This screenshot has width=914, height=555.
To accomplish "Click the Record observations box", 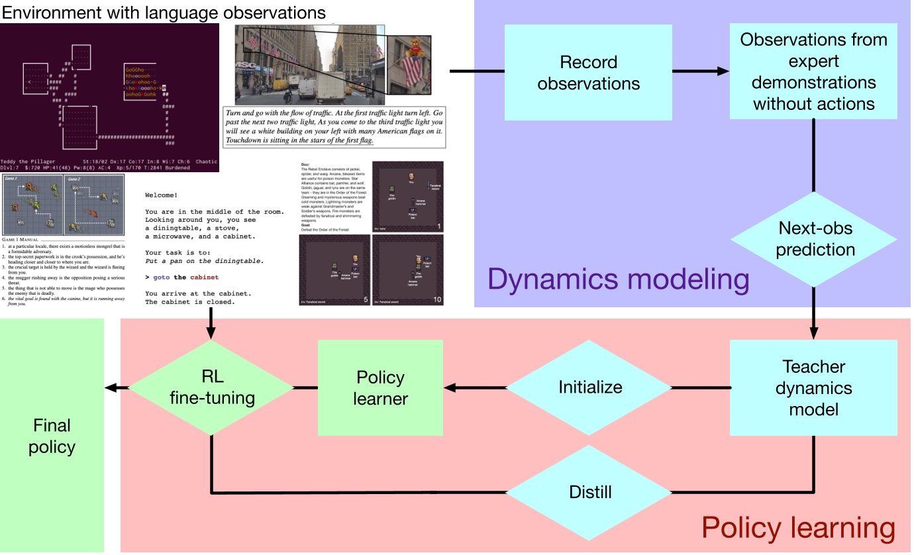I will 588,72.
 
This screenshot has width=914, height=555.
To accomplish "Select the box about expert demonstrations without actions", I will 813,72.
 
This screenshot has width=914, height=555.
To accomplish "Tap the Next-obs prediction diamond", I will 815,239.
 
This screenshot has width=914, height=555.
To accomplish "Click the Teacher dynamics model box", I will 813,387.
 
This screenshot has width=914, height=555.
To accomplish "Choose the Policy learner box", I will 380,387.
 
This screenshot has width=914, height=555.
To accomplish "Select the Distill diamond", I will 590,493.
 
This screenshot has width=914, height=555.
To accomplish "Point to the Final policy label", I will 52,436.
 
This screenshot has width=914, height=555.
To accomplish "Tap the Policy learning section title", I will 798,529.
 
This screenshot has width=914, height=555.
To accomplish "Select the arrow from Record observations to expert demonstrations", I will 701,72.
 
